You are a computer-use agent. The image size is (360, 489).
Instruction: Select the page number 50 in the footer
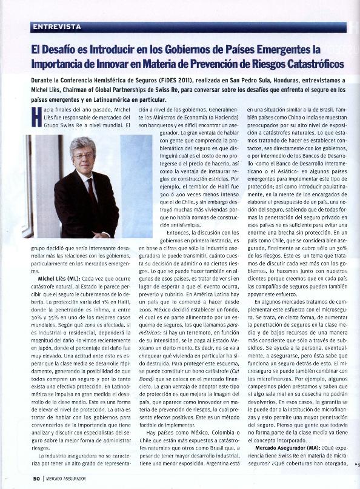coord(36,479)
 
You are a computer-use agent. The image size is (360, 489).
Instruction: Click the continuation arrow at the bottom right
coord(356,464)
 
